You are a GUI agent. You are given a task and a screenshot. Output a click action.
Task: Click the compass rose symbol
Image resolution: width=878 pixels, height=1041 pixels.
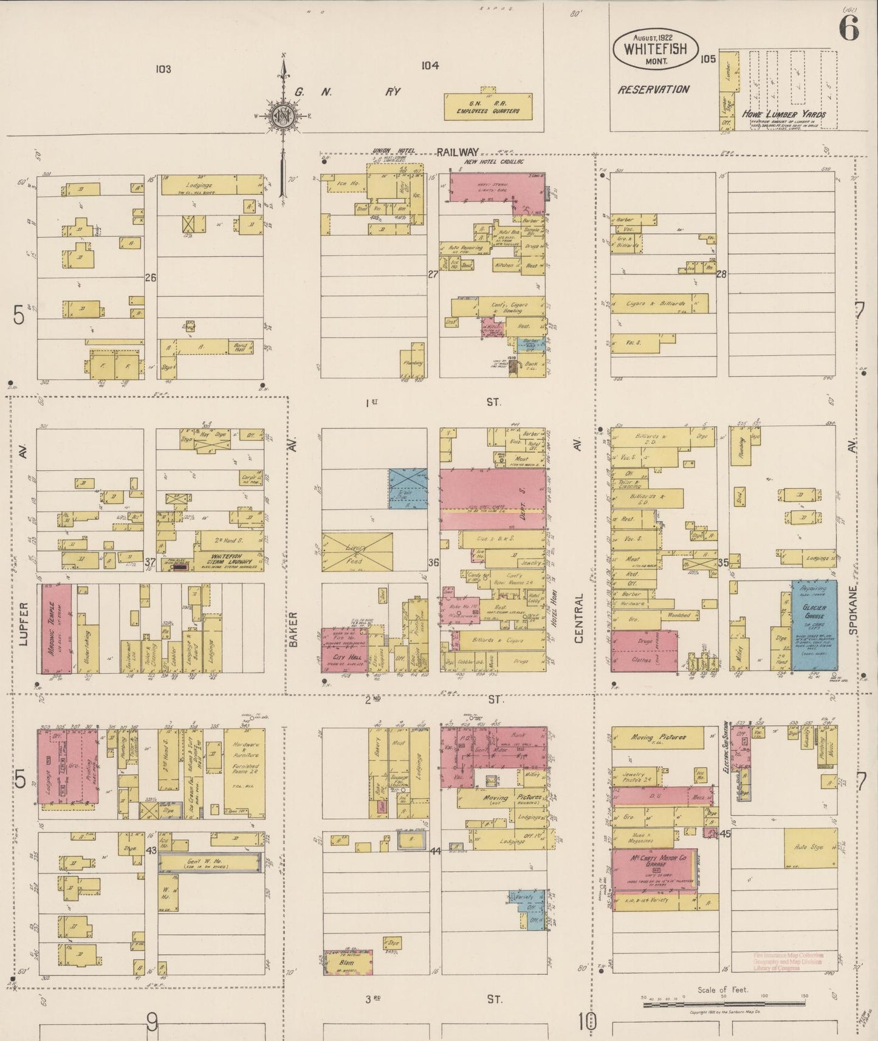[x=283, y=115]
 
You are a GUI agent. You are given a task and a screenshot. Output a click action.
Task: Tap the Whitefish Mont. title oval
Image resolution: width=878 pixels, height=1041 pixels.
[x=655, y=49]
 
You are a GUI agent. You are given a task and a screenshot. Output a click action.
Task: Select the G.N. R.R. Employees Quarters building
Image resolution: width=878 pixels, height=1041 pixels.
[x=488, y=107]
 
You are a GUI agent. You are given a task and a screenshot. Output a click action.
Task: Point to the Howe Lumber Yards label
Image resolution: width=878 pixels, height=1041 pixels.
[x=783, y=114]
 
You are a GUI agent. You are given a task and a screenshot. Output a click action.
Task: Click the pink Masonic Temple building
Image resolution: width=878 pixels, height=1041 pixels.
[x=55, y=628]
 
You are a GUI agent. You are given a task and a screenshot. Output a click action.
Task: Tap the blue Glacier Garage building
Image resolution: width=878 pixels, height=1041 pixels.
[x=814, y=624]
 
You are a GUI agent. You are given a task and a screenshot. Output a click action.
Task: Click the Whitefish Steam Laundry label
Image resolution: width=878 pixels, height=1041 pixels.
[x=227, y=559]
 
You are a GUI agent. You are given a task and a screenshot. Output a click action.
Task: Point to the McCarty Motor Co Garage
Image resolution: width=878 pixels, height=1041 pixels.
[x=653, y=869]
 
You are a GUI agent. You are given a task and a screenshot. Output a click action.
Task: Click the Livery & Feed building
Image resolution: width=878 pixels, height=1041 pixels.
[x=357, y=551]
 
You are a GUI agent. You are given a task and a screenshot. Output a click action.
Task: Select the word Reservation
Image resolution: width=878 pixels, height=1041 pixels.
[x=653, y=89]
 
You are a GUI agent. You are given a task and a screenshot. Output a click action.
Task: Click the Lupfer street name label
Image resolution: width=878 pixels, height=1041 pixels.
[x=24, y=624]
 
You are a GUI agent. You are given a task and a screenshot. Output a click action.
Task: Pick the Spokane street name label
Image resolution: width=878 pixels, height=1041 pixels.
[x=854, y=610]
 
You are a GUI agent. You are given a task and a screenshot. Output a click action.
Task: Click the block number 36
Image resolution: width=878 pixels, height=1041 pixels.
[x=433, y=562]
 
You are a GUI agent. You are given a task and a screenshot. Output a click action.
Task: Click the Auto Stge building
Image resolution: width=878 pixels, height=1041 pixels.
[x=810, y=847]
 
